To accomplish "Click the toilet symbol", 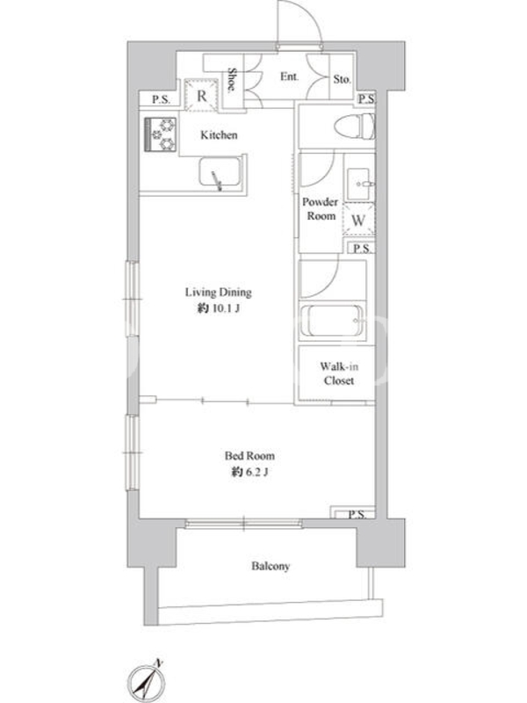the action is [x=354, y=126].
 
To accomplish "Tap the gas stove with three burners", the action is [x=161, y=134].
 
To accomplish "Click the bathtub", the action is [x=332, y=321].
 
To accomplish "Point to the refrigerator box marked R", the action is [x=201, y=95].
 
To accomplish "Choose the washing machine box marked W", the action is [x=358, y=219].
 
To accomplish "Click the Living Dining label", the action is [x=218, y=293].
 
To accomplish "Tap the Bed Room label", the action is [x=249, y=456].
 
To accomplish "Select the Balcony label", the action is [x=271, y=566].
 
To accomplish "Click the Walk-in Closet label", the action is [x=339, y=373].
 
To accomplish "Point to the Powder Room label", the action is [x=320, y=209].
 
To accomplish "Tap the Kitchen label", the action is [x=219, y=135].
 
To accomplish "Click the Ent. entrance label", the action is [x=290, y=76].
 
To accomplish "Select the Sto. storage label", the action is [x=342, y=79].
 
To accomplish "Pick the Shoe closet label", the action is [x=232, y=80].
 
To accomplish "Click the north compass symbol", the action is [x=148, y=683].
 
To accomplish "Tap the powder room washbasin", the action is [x=359, y=184].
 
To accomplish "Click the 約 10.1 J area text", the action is [x=219, y=308].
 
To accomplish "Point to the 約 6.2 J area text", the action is [x=249, y=472].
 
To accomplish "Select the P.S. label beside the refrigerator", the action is [x=161, y=99].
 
